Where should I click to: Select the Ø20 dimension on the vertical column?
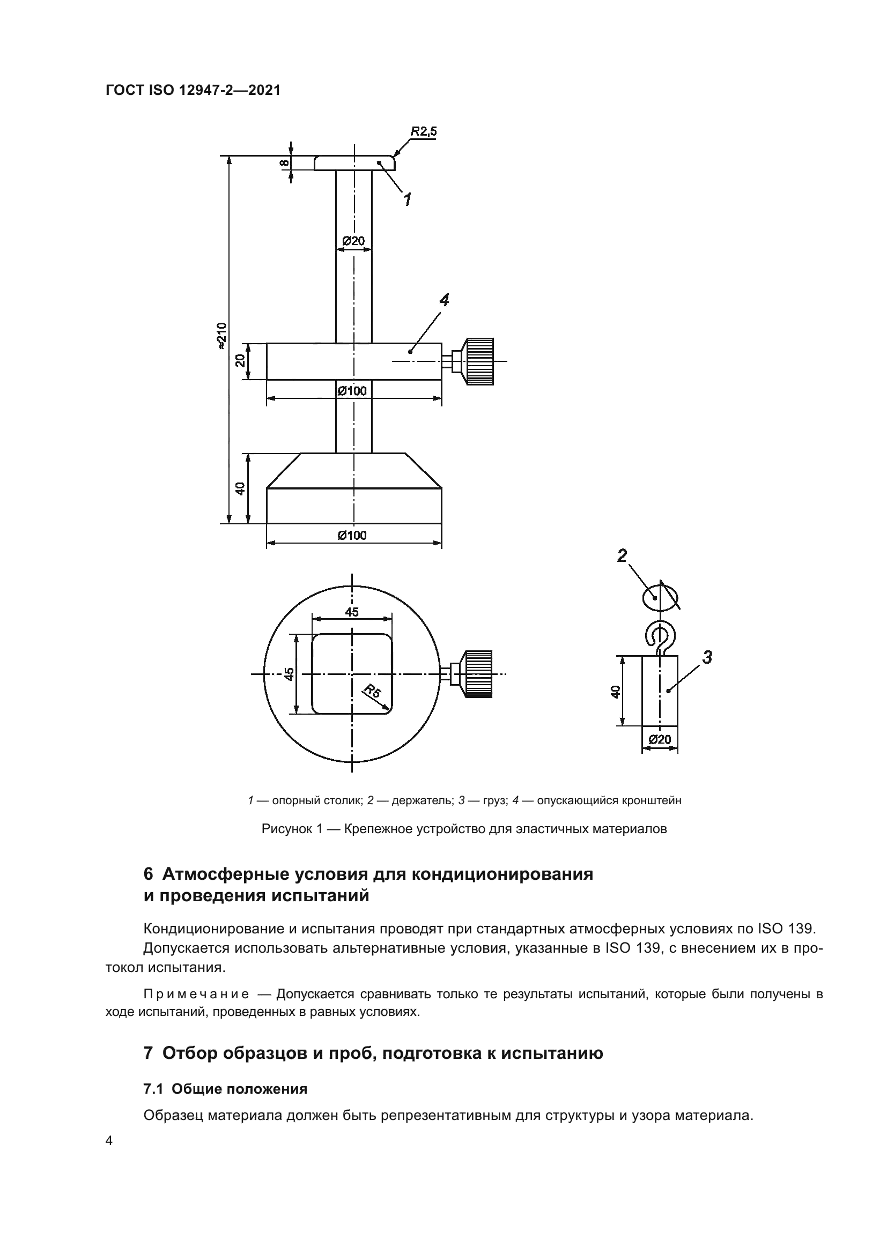353,241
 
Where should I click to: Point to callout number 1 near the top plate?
407,199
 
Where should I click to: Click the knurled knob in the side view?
479,361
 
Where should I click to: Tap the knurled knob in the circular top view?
478,673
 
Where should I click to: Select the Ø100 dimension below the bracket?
352,391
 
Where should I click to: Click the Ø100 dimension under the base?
352,535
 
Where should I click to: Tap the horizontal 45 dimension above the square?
352,612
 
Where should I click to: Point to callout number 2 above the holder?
622,555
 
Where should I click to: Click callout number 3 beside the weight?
707,658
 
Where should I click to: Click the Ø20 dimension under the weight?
660,739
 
